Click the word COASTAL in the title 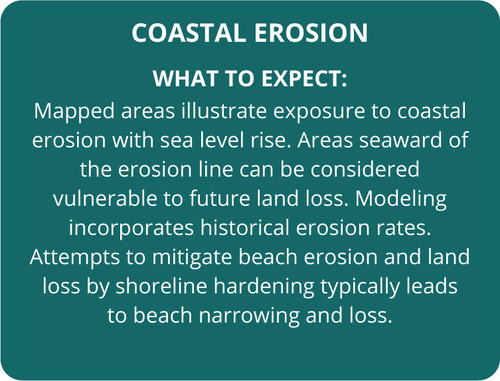189,33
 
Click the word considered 365,169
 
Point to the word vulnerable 105,198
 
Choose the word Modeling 401,199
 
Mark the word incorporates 131,228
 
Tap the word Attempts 75,258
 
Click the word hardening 264,287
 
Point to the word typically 360,287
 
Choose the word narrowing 249,316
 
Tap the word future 220,198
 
